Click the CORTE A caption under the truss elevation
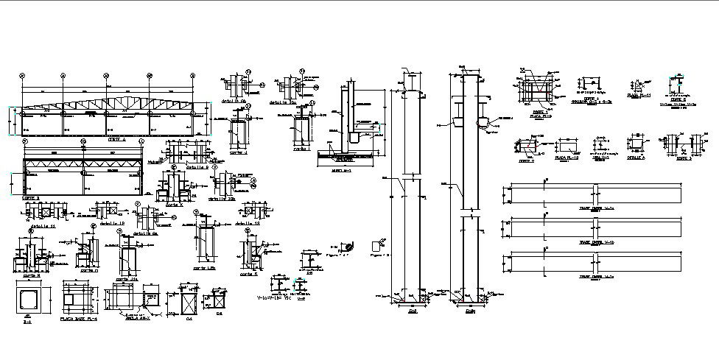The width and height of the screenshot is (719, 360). click(117, 138)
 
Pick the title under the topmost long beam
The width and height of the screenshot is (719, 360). click(596, 209)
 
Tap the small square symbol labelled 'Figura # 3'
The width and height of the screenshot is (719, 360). click(380, 244)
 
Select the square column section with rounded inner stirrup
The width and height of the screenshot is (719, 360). click(29, 300)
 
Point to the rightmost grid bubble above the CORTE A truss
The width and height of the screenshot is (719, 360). click(192, 75)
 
